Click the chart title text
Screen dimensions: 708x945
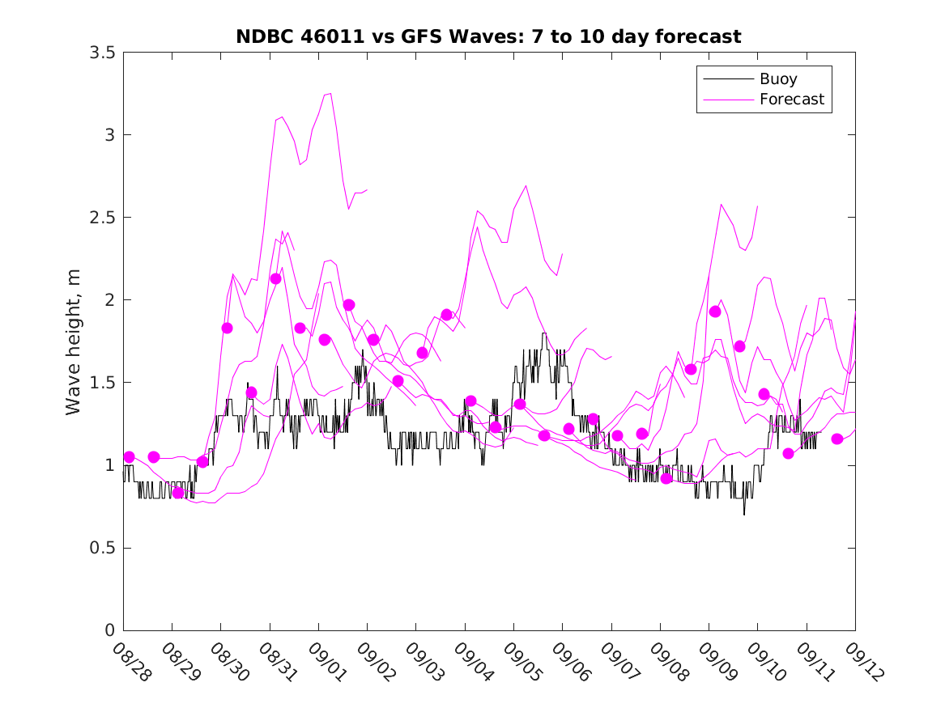tap(488, 36)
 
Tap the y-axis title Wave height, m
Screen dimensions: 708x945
tap(74, 341)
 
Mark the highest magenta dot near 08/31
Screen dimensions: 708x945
tap(275, 278)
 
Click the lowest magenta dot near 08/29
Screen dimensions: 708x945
tap(178, 493)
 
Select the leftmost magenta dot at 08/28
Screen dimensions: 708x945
tap(129, 457)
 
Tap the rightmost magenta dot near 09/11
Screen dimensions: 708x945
tap(837, 439)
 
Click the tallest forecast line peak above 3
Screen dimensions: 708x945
tap(330, 94)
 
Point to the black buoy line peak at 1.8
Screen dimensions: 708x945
tap(544, 333)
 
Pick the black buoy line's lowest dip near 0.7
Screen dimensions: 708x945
tap(744, 513)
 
